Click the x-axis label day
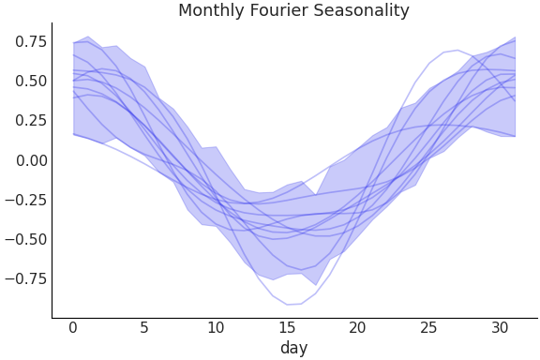[293, 349]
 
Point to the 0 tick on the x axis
[72, 328]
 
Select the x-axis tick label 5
[143, 328]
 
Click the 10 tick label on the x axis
[215, 328]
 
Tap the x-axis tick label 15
[286, 328]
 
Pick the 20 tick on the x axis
[357, 328]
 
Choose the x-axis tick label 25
[428, 328]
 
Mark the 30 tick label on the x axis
[500, 328]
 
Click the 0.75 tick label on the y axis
[31, 41]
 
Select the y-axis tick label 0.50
[31, 81]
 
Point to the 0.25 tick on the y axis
[31, 120]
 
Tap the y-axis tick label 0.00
[31, 160]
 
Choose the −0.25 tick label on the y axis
[25, 200]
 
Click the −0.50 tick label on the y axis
[25, 239]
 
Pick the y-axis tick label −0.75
[25, 278]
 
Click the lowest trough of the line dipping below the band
[289, 305]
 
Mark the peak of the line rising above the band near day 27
[457, 50]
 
